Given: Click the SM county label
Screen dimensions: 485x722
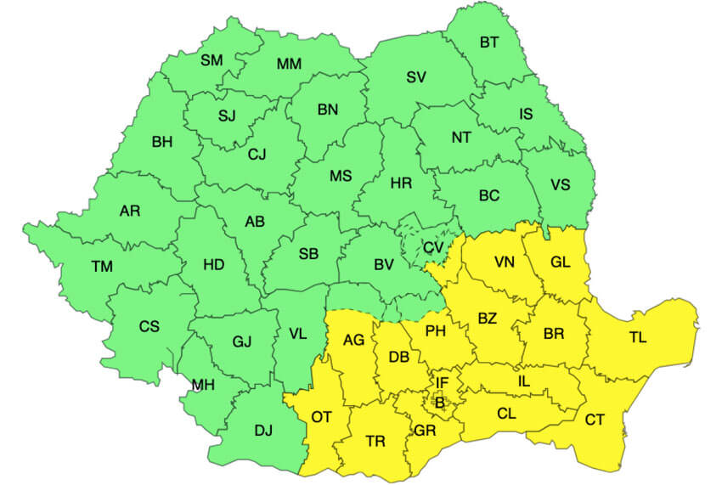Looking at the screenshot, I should click(212, 60).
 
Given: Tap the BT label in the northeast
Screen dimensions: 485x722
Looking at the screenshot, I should click(489, 42).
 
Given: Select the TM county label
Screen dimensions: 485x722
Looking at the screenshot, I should click(102, 267).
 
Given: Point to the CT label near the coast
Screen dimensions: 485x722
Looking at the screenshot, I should click(595, 419).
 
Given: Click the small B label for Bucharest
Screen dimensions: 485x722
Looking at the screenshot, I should click(439, 403).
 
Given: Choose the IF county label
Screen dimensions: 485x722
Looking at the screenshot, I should click(442, 383).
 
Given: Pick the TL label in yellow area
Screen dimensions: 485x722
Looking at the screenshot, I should click(638, 337).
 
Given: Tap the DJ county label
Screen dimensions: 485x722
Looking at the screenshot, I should click(263, 431).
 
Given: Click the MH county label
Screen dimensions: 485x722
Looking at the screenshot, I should click(202, 386).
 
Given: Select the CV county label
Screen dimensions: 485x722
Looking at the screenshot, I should click(433, 247).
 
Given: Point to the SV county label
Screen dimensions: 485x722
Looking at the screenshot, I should click(415, 77).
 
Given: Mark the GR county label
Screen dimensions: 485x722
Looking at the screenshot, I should click(425, 431).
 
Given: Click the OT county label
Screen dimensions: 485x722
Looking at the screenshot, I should click(321, 417).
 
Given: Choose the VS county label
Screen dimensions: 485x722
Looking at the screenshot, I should click(560, 185).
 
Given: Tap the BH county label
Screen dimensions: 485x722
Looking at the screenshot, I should click(161, 142).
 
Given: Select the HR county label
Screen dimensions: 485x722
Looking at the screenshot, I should click(401, 183).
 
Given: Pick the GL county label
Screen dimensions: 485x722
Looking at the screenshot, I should click(560, 262).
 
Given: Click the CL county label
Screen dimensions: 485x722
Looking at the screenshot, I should click(506, 414).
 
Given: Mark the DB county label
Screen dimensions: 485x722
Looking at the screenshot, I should click(399, 358).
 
